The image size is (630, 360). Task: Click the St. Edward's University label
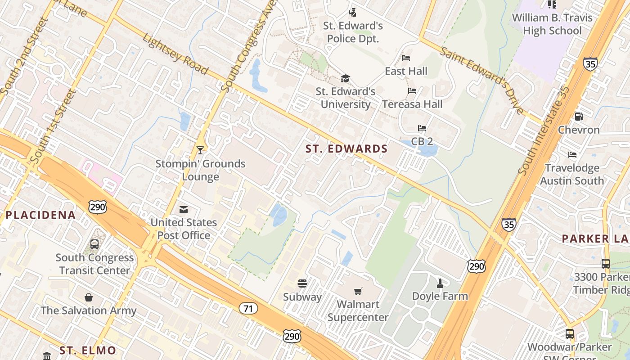coord(345,98)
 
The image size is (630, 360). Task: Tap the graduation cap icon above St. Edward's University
coord(345,79)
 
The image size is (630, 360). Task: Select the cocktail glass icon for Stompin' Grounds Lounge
coord(200,150)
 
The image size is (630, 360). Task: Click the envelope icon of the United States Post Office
coord(184,209)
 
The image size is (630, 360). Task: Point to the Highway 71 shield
coord(248,308)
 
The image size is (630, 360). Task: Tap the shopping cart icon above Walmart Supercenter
coord(358,291)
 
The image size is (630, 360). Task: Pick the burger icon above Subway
coord(302,283)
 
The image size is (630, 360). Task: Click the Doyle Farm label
coord(440,296)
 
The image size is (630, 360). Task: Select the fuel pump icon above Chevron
coord(579,117)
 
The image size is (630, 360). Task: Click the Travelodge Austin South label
coord(572,174)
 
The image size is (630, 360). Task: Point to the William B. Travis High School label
coord(553,24)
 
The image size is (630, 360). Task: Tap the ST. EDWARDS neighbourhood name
coord(346,149)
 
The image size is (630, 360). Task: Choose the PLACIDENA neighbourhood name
coord(40,215)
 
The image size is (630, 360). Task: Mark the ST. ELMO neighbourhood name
coord(88,350)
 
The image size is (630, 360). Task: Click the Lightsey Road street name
coord(175,54)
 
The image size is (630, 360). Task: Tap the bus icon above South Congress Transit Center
coord(94,244)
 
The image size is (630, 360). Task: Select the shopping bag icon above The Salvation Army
coord(89,297)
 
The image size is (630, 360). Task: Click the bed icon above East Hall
coord(406,58)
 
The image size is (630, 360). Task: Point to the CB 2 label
coord(422,141)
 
